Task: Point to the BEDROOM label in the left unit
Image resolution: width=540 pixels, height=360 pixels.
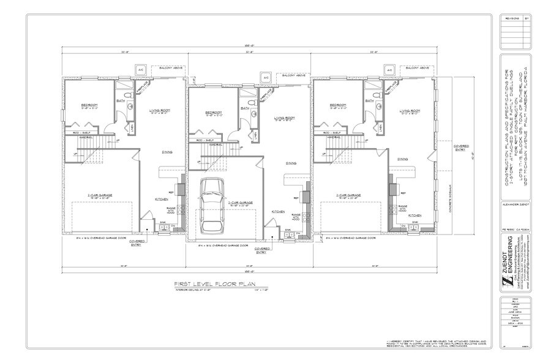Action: [x=90, y=106]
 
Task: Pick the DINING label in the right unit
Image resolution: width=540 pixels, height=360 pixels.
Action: [x=402, y=159]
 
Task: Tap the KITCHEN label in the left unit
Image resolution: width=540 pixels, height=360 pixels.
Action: [x=161, y=199]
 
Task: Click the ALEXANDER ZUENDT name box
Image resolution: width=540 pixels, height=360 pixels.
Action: [x=513, y=206]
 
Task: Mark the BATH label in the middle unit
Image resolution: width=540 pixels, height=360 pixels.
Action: [x=244, y=109]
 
